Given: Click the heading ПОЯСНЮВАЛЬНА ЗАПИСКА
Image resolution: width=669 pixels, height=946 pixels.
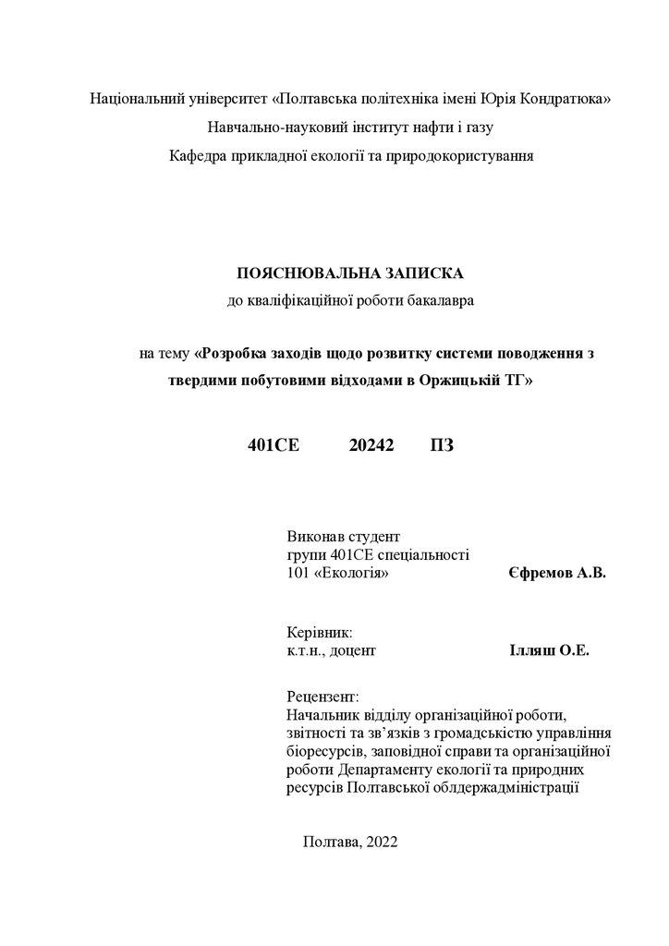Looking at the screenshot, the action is click(350, 273).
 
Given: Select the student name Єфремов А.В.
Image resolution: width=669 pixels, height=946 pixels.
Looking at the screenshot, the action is click(557, 574).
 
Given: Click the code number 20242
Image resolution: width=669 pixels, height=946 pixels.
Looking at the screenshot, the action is click(372, 445).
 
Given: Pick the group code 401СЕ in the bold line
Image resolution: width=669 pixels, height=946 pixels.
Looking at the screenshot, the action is click(274, 445).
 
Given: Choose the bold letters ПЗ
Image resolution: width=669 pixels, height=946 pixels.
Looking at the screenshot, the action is click(442, 445).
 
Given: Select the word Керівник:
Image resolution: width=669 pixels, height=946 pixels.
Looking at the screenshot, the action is click(320, 633).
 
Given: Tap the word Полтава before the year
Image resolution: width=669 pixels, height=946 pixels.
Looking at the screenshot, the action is click(330, 841).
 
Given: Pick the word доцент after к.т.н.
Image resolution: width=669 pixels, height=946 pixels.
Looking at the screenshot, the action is click(353, 650).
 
